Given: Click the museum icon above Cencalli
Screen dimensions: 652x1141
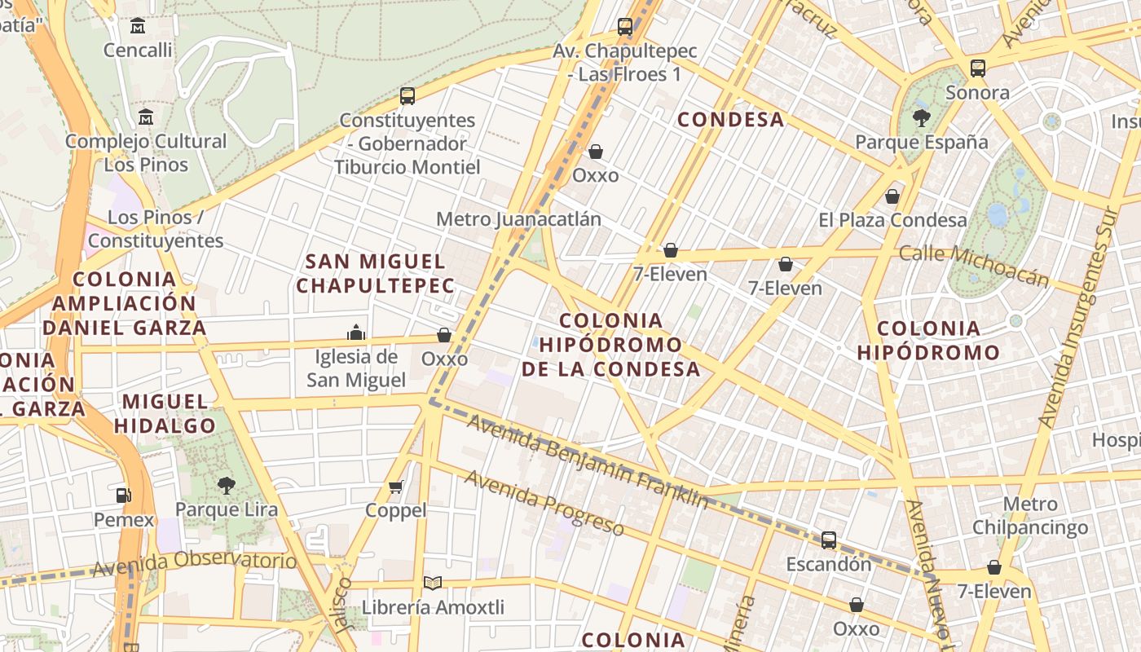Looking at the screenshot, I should (138, 26).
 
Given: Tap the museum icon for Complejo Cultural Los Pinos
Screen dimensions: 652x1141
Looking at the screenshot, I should (146, 117).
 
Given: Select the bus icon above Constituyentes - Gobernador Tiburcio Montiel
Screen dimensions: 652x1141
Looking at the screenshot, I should (407, 96).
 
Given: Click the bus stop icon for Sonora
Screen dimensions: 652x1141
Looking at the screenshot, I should (978, 68).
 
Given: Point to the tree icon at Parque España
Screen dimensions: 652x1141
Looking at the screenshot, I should (922, 118).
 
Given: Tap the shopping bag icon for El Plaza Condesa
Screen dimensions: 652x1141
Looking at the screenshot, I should (892, 196).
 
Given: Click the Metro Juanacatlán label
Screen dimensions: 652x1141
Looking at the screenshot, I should (518, 219).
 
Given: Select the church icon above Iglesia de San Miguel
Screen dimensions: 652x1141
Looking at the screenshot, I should (356, 333).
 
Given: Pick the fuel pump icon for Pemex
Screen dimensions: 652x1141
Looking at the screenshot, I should (123, 495).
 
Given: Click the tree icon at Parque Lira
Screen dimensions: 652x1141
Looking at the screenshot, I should (226, 486).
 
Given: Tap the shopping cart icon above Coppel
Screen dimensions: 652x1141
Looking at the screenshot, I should (396, 487).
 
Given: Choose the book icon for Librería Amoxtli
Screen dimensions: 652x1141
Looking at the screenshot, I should (433, 583).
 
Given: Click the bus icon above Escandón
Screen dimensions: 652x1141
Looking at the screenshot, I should (829, 540).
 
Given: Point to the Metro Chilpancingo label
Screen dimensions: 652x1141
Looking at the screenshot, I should (1030, 515).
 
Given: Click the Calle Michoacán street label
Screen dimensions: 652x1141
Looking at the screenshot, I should (973, 266).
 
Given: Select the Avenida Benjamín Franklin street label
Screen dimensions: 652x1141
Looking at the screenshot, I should (587, 461).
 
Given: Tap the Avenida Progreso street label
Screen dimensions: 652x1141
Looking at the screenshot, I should (544, 502).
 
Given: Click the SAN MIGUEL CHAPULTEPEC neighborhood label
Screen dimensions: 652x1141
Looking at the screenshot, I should (375, 273).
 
